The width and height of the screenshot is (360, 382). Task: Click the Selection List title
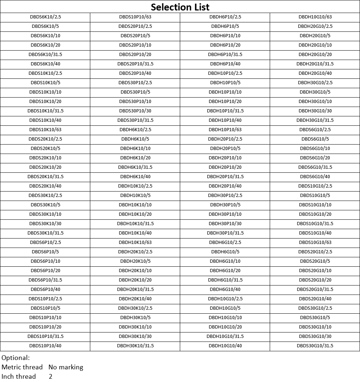[x=180, y=7]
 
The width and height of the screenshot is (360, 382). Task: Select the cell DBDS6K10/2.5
[x=45, y=17]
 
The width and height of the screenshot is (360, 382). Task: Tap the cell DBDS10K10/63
[x=45, y=130]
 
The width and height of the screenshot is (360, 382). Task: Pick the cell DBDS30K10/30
[x=45, y=224]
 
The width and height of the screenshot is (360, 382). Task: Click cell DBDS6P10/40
[x=45, y=289]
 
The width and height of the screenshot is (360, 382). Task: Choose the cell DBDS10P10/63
[x=135, y=17]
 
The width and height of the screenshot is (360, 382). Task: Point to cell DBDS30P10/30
[x=135, y=111]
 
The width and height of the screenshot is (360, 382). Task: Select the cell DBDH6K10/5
[x=135, y=139]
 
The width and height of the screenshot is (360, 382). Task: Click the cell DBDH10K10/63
[x=135, y=242]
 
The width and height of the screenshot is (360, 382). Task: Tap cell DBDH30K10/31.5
[x=135, y=346]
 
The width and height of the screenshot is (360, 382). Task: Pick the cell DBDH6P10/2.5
[x=225, y=17]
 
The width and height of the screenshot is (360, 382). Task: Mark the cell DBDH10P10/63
[x=225, y=130]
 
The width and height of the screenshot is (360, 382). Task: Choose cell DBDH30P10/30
[x=225, y=224]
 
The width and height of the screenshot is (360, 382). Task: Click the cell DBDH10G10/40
[x=225, y=346]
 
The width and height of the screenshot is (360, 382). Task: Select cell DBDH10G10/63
[x=315, y=17]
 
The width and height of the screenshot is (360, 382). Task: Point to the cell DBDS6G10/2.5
[x=315, y=130]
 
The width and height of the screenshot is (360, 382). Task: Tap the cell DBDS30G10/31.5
[x=315, y=346]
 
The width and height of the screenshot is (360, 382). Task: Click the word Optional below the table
[x=16, y=358]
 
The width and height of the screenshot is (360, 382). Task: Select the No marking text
[x=66, y=367]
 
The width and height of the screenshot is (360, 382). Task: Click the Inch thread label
[x=19, y=377]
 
